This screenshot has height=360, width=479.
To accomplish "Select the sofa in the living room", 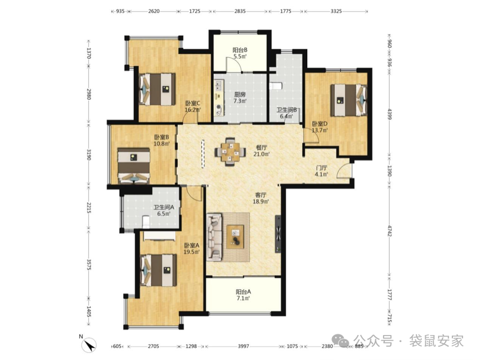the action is coord(214,237).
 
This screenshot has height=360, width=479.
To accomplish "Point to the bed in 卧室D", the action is coord(349,100).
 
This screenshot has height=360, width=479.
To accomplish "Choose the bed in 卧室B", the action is coord(134,166).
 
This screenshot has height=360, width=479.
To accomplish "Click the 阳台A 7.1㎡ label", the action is coord(243,295).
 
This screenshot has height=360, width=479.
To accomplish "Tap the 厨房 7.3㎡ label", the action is coord(240,98).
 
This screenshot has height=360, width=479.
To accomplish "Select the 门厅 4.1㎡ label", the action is coord(322,171).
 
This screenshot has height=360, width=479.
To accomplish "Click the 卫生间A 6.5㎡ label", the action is coord(164,210).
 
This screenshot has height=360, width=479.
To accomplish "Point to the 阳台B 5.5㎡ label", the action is coord(240,53).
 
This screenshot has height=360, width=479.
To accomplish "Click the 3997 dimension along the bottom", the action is coord(243,346).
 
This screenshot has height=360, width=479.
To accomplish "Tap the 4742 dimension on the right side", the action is coord(389,231).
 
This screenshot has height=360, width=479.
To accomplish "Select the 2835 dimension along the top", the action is coord(240,11).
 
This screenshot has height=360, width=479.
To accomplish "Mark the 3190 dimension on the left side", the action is coord(89,155).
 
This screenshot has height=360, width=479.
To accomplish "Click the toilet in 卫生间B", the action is coord(276,86).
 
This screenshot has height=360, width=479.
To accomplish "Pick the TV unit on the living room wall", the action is coord(278,235).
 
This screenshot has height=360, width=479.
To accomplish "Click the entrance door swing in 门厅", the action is coord(344,170).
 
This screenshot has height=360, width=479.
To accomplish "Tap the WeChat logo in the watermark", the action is coord(340,340).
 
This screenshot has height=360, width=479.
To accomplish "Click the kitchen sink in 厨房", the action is coord(219,85).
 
